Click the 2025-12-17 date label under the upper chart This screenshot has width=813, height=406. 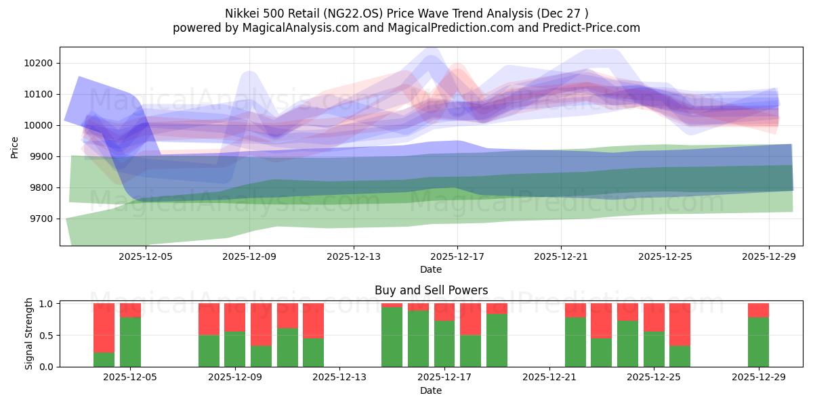pos(457,256)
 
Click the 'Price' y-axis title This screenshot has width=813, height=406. pos(15,146)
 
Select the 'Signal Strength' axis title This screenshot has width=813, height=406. pos(28,334)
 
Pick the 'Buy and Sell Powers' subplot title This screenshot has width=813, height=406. pos(431,290)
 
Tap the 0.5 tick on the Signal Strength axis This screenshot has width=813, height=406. pos(47,335)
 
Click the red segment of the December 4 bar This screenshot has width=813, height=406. pos(104,328)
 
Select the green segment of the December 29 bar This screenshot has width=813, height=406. pos(758,342)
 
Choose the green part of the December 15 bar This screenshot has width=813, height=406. pos(392,337)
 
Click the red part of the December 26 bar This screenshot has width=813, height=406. pos(680,324)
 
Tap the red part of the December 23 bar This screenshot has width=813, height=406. pos(601,320)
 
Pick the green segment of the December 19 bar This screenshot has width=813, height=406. pos(497,340)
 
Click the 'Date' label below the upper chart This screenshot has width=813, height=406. pos(431,269)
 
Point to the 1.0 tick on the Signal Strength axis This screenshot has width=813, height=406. pos(47,303)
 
